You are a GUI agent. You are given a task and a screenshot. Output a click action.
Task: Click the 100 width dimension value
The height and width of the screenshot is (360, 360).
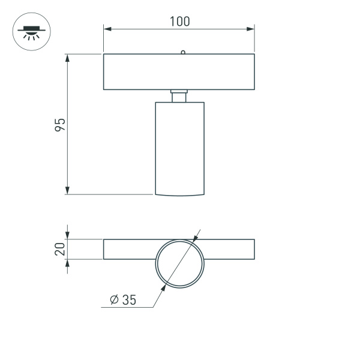tap(179, 22)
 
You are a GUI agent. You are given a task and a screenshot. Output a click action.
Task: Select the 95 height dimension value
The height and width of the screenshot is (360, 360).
tap(59, 125)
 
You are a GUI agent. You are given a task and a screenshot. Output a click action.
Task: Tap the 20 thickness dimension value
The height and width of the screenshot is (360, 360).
tap(59, 249)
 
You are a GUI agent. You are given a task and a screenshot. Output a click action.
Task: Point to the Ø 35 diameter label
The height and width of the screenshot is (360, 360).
tap(124, 301)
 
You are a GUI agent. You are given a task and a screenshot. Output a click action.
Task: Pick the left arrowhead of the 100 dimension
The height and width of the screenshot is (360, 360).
tap(107, 28)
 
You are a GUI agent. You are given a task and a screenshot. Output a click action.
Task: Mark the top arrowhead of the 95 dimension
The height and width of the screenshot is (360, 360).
tap(68, 58)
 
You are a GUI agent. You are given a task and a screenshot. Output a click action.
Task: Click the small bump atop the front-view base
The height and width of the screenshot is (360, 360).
tap(182, 52)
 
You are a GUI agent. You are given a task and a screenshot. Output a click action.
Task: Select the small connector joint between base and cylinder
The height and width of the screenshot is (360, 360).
tap(179, 96)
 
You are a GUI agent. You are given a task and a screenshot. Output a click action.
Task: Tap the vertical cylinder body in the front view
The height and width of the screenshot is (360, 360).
tap(179, 147)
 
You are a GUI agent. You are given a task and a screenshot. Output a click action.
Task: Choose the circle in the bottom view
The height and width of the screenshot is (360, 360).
tap(179, 264)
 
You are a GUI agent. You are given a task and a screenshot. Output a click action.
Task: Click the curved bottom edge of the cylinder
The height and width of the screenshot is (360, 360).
tap(179, 195)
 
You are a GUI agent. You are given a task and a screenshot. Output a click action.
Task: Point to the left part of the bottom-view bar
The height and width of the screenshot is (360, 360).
tap(129, 250)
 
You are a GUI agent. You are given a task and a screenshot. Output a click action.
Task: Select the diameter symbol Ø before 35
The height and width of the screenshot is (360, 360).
tap(114, 301)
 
